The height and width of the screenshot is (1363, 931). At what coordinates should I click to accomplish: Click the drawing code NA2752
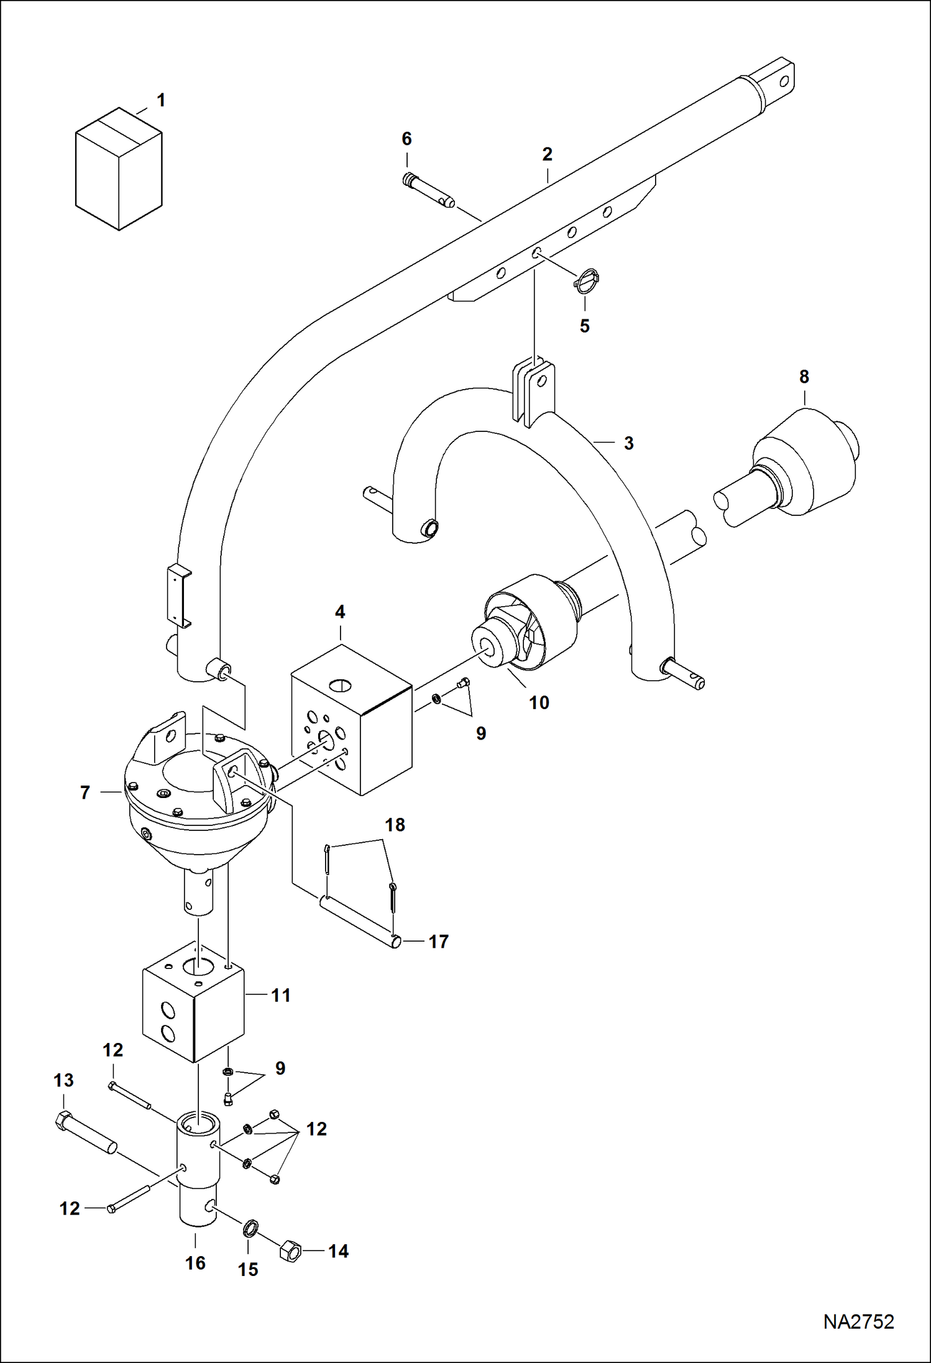[x=858, y=1321]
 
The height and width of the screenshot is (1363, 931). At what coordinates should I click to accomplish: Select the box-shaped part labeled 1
[x=119, y=169]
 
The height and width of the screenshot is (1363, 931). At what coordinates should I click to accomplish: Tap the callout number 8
[x=804, y=377]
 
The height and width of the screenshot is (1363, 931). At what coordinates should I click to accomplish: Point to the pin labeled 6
[x=429, y=190]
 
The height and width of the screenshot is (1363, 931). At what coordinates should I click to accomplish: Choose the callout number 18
[x=395, y=825]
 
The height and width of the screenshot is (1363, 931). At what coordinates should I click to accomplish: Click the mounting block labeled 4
[x=352, y=720]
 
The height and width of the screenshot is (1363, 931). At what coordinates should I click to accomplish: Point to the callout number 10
[x=539, y=703]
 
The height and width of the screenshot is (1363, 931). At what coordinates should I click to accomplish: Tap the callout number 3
[x=629, y=443]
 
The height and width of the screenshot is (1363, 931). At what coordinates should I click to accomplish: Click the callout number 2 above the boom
[x=547, y=154]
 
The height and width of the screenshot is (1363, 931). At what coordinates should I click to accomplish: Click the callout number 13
[x=63, y=1080]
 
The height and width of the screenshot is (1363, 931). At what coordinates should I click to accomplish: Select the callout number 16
[x=195, y=1263]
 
